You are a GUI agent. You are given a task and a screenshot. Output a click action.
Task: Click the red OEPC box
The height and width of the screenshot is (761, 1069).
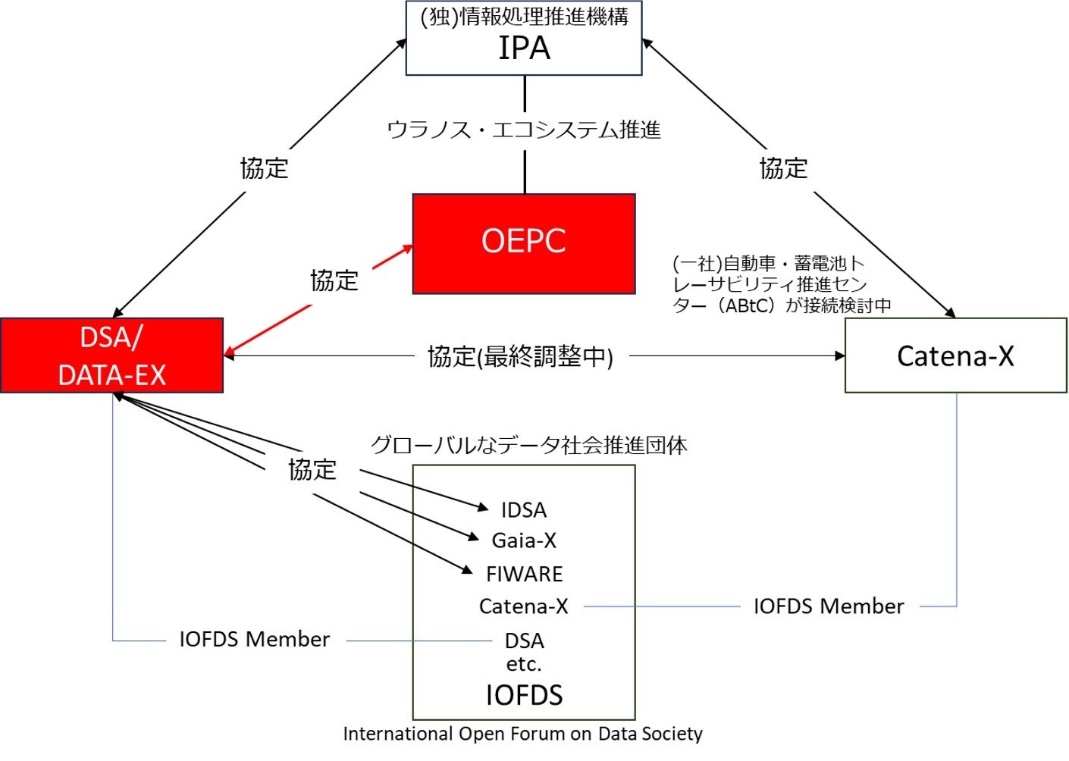(524, 244)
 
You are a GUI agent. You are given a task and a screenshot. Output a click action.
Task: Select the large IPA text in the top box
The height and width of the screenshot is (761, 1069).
(524, 49)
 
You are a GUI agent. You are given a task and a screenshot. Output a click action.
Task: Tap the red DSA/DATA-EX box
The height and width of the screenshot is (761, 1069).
(111, 355)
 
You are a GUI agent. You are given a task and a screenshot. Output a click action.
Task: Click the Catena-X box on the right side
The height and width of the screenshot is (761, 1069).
(955, 355)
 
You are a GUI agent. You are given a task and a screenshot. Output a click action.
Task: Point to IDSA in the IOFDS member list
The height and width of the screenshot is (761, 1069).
(524, 510)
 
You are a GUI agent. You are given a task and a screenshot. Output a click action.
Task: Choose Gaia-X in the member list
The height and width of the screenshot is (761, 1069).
(524, 540)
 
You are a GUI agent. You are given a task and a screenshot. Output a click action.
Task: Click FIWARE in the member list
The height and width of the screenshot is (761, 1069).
(524, 574)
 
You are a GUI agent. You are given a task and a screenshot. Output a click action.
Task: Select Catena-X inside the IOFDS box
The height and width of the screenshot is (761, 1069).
(524, 606)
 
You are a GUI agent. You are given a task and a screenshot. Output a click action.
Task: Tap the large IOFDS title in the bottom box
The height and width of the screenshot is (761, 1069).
(524, 695)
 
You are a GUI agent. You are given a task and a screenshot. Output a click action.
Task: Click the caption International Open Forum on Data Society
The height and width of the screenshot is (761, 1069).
(522, 734)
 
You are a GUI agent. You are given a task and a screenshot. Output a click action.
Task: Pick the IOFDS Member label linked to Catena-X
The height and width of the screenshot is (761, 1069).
(829, 606)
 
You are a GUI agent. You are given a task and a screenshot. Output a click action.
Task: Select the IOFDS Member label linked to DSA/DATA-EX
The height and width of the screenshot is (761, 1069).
(255, 639)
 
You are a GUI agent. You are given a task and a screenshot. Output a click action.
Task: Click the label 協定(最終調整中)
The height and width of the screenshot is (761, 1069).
(520, 357)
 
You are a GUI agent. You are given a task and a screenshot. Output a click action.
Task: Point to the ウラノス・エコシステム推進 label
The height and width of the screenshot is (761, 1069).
(524, 130)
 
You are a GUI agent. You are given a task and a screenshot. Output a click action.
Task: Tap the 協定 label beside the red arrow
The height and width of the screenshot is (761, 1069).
(334, 280)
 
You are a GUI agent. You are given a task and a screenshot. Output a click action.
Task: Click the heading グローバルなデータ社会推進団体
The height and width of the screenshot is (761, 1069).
(528, 445)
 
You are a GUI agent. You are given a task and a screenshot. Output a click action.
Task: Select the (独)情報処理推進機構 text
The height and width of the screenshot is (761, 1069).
(524, 17)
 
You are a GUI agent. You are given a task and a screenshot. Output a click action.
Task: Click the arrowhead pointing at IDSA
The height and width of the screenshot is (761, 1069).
(483, 506)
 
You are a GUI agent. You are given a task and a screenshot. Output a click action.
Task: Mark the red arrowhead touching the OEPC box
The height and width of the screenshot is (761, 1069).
(408, 249)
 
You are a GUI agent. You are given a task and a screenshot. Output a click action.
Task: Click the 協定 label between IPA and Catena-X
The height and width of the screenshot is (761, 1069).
(783, 168)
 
